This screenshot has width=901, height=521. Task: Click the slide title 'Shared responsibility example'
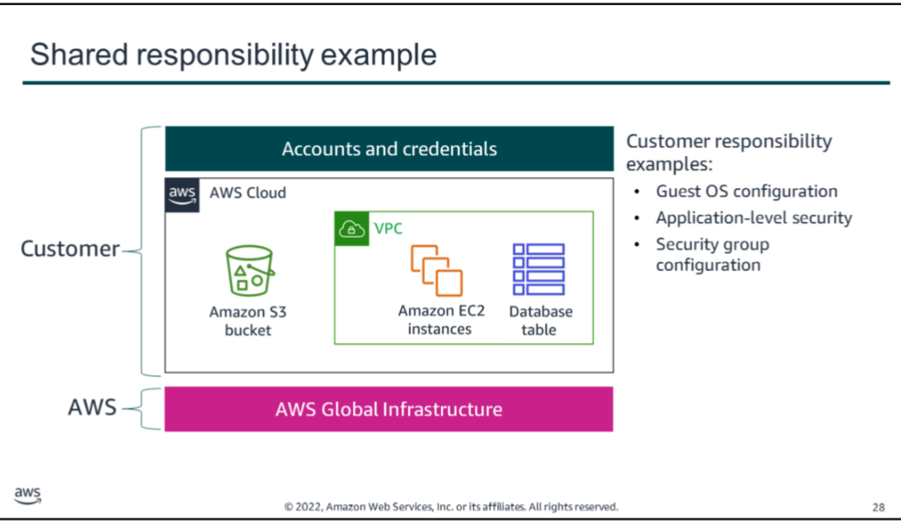coord(233,55)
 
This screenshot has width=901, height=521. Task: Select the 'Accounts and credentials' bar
coord(389,149)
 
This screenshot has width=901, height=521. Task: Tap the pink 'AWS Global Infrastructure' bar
coord(389,410)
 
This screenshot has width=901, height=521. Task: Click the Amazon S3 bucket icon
coord(249,271)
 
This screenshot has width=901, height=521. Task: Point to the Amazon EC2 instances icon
coord(437,270)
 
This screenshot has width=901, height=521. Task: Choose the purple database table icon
coord(539,269)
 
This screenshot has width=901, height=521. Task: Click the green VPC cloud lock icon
coord(351,228)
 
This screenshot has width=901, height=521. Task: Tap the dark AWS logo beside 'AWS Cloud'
coord(182,194)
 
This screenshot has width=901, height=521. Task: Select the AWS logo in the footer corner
coord(27,496)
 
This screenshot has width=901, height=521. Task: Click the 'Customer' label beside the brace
coord(70,249)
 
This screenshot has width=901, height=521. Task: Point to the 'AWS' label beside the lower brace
coord(92,408)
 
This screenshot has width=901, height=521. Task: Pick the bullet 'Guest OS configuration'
coord(746,191)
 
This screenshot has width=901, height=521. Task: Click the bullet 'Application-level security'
coord(754,218)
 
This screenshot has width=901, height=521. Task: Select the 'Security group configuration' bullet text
coord(712,255)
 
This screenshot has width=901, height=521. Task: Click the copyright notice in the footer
coord(451,507)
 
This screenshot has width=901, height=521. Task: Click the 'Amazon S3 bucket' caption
coord(248,321)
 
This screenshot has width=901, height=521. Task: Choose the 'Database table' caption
coord(540,320)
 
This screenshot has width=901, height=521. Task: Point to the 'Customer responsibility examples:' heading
coord(729,152)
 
